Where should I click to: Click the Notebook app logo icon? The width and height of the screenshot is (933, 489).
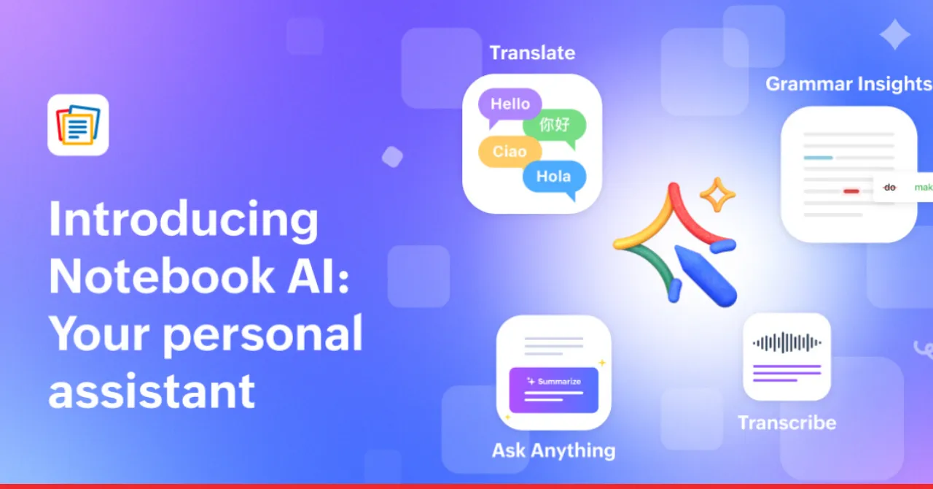click(x=78, y=125)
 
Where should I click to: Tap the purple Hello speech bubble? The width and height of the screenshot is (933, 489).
click(x=510, y=104)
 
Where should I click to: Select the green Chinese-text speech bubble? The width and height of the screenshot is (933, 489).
click(x=555, y=126)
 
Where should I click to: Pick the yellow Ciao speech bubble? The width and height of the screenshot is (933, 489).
click(x=510, y=152)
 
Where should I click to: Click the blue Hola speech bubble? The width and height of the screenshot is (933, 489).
click(x=554, y=177)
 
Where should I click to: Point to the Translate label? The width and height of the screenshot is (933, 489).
click(x=532, y=53)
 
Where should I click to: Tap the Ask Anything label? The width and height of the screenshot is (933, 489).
click(x=553, y=450)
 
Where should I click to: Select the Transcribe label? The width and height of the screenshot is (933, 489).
click(x=786, y=423)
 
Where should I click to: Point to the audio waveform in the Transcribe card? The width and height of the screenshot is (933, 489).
click(x=786, y=342)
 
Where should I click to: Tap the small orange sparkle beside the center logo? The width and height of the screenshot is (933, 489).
click(x=717, y=195)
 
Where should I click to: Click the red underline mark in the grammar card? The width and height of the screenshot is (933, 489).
click(x=851, y=191)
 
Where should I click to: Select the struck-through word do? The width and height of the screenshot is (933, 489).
click(x=889, y=188)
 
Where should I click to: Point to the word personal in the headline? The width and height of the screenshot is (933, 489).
click(x=262, y=334)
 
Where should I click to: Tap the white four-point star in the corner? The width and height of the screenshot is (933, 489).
click(x=894, y=34)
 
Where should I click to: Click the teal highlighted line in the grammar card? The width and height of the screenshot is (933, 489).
click(x=818, y=158)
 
